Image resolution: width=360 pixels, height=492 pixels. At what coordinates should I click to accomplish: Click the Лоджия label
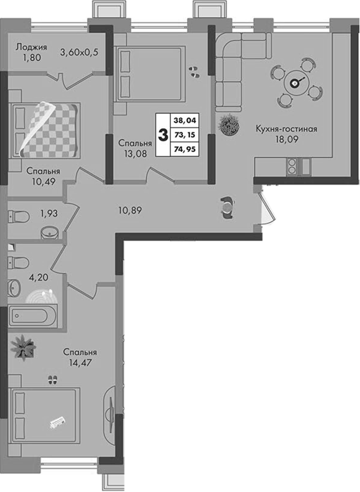(x=32, y=47)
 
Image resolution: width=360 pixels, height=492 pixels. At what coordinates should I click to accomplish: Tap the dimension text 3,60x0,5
(x=79, y=53)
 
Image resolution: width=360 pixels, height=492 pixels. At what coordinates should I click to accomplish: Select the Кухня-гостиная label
(x=287, y=129)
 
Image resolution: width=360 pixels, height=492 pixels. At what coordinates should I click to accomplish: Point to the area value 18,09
(x=287, y=139)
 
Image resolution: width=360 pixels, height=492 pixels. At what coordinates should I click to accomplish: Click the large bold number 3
(x=163, y=135)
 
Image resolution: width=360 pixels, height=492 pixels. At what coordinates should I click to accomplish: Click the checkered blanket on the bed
(x=49, y=129)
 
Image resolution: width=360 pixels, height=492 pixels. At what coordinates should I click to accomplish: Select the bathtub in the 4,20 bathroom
(x=32, y=316)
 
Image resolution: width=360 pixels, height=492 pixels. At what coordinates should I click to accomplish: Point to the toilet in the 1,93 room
(x=19, y=216)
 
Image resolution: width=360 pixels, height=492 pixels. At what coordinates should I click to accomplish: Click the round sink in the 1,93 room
(x=50, y=233)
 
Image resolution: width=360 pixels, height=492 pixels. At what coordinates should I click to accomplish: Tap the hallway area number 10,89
(x=130, y=210)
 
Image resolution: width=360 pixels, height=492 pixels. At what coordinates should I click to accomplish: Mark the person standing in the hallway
(x=227, y=207)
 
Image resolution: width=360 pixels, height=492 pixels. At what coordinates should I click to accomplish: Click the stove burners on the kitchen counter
(x=292, y=166)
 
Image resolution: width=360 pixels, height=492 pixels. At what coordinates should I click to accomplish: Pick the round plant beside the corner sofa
(x=230, y=125)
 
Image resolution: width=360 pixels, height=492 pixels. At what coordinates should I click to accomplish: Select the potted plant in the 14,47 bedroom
(x=22, y=346)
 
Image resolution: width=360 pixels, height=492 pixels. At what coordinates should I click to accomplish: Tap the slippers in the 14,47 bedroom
(x=52, y=380)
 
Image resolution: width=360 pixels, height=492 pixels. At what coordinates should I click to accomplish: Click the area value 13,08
(x=135, y=153)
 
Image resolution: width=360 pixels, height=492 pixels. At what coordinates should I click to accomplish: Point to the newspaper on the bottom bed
(x=58, y=422)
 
